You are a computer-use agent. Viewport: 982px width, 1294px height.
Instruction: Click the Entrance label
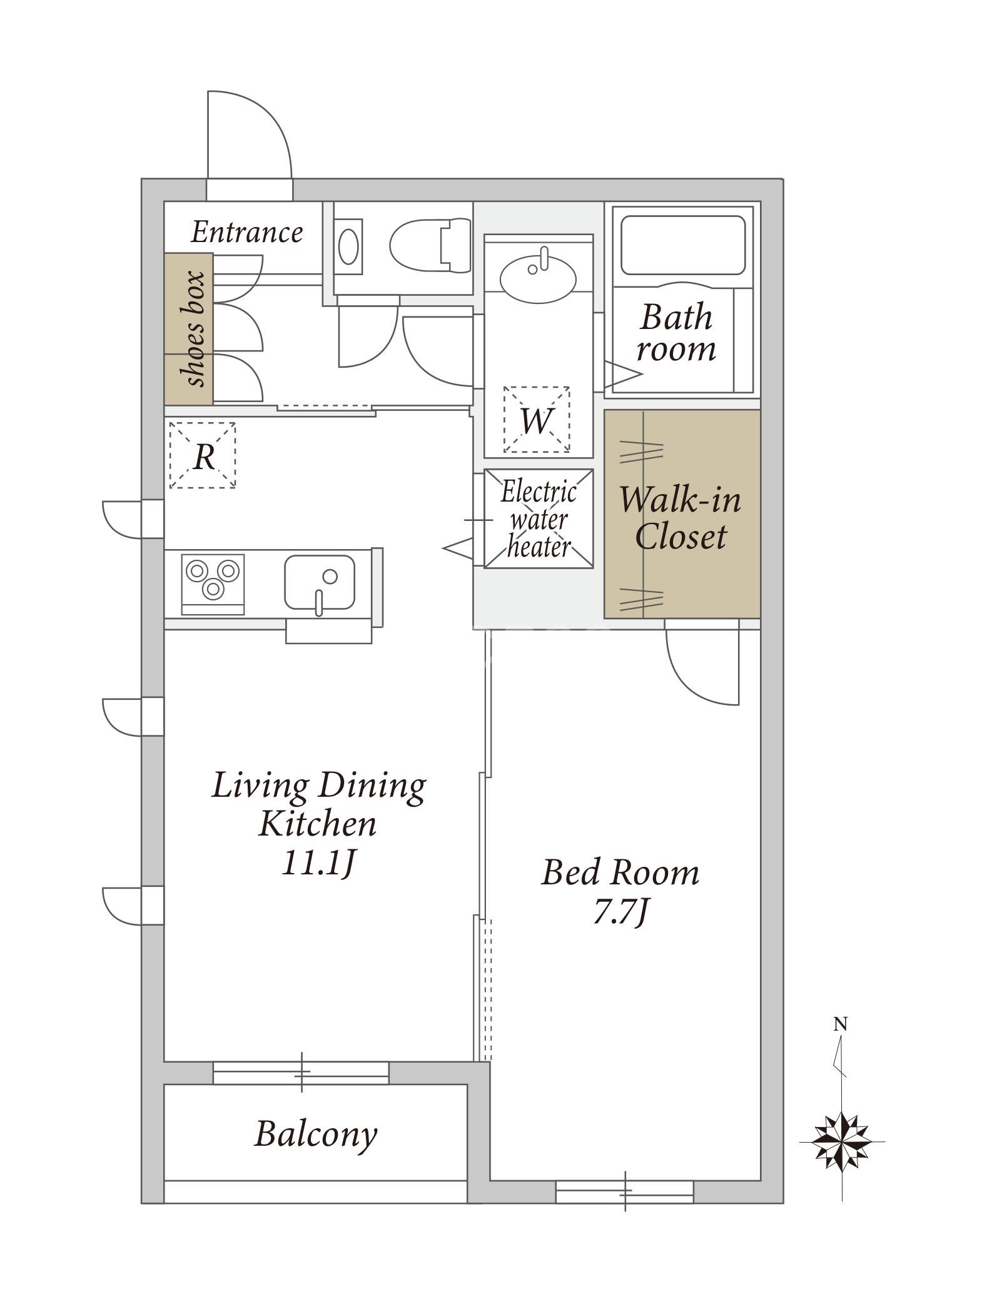[x=246, y=233]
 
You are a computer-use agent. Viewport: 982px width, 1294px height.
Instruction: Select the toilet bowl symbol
[x=430, y=245]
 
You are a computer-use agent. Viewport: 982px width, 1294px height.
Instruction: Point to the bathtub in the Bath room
[x=683, y=245]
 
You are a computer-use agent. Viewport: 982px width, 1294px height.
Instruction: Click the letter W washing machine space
[x=537, y=420]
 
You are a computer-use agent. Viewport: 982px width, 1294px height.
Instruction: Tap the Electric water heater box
[x=539, y=518]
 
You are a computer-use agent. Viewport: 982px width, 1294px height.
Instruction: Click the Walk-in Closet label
[x=681, y=518]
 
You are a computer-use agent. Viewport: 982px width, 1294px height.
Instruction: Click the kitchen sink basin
[x=320, y=582]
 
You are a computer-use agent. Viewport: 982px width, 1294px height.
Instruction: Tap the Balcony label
[x=316, y=1134]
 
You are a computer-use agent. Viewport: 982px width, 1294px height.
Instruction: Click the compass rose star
[x=842, y=1141]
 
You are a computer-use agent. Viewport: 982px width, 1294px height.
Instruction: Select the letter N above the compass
[x=841, y=1024]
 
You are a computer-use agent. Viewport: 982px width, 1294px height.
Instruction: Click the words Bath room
[x=676, y=333]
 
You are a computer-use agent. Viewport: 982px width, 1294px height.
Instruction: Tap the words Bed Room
[x=620, y=872]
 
